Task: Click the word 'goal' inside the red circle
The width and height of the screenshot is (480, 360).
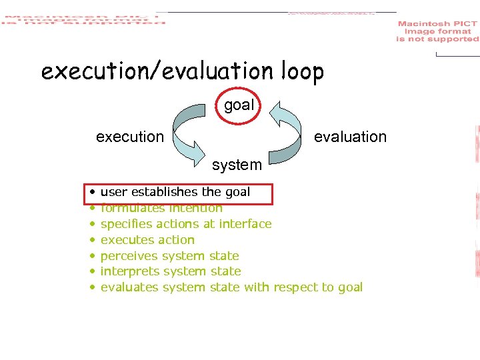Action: [239, 105]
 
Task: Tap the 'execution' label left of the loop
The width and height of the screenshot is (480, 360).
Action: [129, 137]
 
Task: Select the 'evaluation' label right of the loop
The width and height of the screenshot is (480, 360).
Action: [350, 137]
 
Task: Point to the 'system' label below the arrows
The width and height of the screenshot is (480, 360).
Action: [237, 164]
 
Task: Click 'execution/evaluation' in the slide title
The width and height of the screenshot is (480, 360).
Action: [151, 71]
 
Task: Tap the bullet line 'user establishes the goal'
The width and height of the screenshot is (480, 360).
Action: [175, 192]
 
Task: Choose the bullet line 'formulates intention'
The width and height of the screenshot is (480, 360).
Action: [161, 208]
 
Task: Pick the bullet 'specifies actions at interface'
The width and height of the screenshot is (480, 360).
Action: [185, 224]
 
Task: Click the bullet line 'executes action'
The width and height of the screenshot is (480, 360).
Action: [147, 240]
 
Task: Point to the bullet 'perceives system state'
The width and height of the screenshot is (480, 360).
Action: [169, 256]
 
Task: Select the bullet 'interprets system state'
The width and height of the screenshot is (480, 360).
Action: [171, 271]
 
